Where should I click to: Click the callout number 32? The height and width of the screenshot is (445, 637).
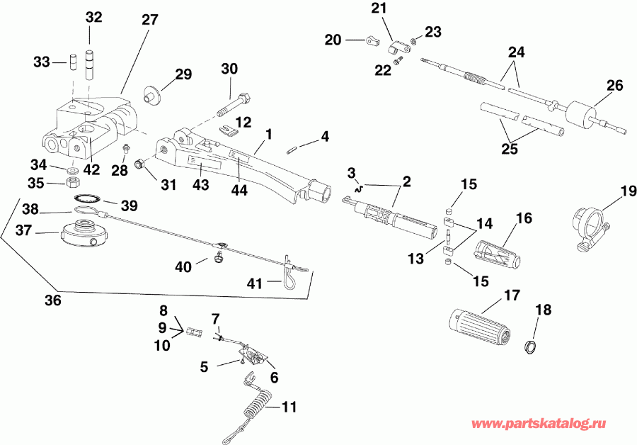pyautogui.click(x=93, y=18)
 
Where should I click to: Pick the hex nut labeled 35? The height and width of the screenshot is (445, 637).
pyautogui.click(x=71, y=182)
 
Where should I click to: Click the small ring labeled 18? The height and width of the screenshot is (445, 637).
pyautogui.click(x=527, y=346)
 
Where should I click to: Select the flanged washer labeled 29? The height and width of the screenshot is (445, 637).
pyautogui.click(x=150, y=94)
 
